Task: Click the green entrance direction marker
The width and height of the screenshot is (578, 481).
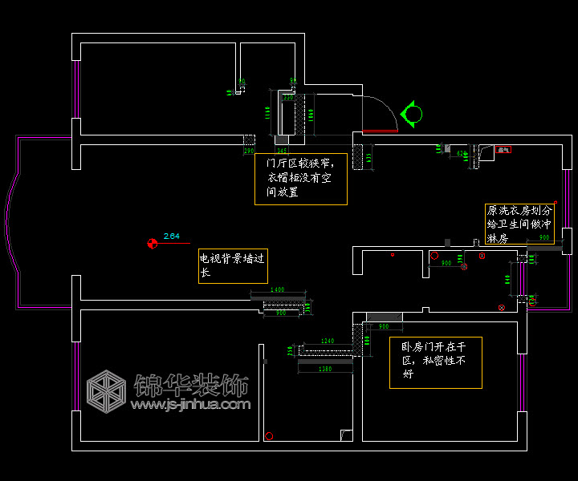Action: (x=412, y=114)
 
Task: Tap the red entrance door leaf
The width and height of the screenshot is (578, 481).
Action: (x=380, y=130)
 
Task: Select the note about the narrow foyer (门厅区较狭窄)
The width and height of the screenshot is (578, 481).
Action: (x=301, y=179)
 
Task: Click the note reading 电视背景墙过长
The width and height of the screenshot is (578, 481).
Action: (x=232, y=265)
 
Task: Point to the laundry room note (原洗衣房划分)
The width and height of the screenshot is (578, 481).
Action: (x=519, y=224)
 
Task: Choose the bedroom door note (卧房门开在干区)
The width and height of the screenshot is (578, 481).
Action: (x=436, y=362)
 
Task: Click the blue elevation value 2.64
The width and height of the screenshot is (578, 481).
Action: (x=171, y=236)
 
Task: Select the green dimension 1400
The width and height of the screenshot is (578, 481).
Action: (x=277, y=289)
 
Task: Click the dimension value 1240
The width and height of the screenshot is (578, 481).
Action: (x=327, y=342)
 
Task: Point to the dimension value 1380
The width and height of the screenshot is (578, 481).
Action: (x=325, y=369)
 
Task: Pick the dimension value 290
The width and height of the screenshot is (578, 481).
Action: (x=249, y=151)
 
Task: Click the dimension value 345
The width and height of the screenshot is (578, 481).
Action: (x=282, y=151)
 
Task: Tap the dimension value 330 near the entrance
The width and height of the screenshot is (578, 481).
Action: (x=287, y=98)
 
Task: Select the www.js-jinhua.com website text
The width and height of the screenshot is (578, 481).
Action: (x=190, y=405)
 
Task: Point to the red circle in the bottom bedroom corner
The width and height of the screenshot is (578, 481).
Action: (x=269, y=436)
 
